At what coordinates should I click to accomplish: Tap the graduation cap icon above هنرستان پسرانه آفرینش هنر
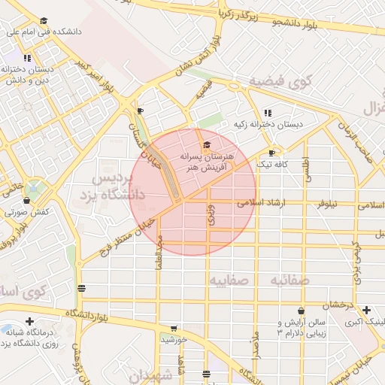[x=208, y=145]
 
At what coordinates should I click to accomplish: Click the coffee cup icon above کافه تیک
[x=272, y=153]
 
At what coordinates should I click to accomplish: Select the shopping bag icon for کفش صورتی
[x=27, y=201]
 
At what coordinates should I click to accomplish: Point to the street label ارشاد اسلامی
[x=258, y=203]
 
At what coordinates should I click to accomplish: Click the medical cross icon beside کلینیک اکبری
[x=366, y=310]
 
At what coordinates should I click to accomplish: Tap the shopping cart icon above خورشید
[x=174, y=329]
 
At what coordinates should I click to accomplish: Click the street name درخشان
[x=339, y=305]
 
